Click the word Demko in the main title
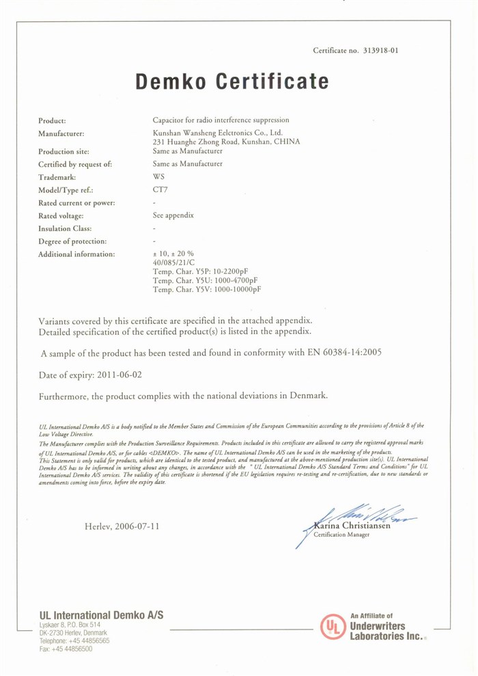click(x=171, y=82)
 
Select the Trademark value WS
click(x=159, y=177)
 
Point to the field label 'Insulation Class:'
click(x=65, y=228)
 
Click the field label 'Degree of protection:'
click(x=72, y=241)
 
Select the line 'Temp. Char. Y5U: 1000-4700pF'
click(x=206, y=280)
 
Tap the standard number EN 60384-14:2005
click(x=339, y=353)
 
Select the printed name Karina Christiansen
click(x=352, y=526)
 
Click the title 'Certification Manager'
click(x=341, y=535)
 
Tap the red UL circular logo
click(x=333, y=626)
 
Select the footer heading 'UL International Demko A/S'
click(x=101, y=615)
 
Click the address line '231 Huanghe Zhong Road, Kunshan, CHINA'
click(x=226, y=141)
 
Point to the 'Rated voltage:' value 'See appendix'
click(x=173, y=215)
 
